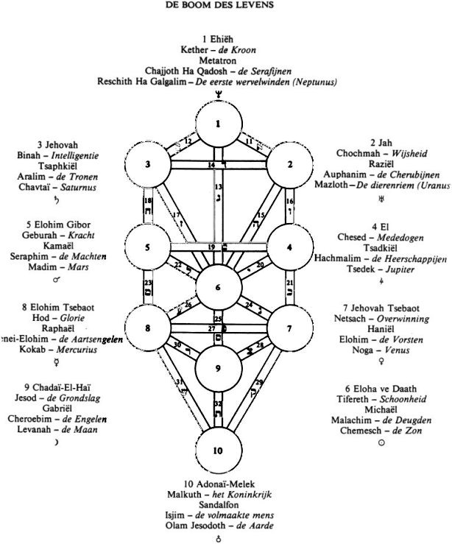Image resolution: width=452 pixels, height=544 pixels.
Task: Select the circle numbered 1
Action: pyautogui.click(x=219, y=123)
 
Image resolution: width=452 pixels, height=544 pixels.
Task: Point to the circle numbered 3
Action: pyautogui.click(x=148, y=164)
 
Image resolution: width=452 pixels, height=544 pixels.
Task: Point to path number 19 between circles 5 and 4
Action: pyautogui.click(x=211, y=247)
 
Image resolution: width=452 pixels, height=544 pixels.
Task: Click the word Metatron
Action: pyautogui.click(x=218, y=60)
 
